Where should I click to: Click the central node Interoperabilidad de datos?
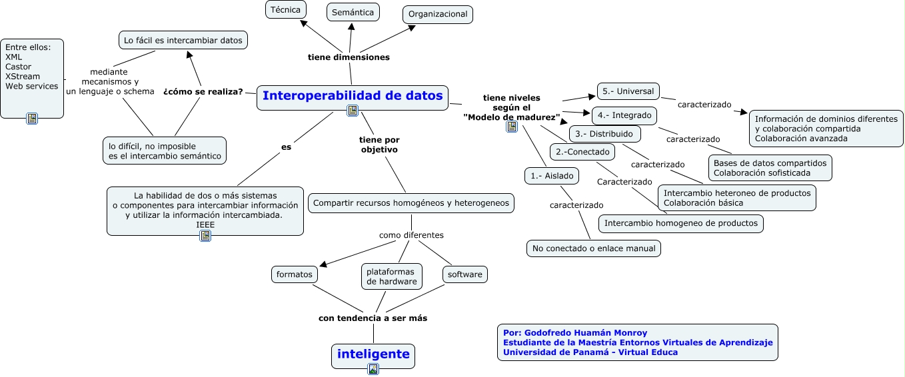point(352,96)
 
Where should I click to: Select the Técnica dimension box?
point(286,9)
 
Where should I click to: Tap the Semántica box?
point(353,11)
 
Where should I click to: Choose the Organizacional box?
point(437,14)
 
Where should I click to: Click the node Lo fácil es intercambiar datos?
point(183,40)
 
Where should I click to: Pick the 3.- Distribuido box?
point(605,134)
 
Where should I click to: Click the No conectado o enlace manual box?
point(593,248)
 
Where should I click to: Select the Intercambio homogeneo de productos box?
point(680,223)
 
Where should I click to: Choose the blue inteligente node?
point(373,354)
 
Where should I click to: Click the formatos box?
point(295,274)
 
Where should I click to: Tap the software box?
point(464,274)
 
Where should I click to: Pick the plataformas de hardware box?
point(391,276)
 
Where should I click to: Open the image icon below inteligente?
point(373,369)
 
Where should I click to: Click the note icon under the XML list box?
point(32,119)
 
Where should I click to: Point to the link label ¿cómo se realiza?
point(203,92)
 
